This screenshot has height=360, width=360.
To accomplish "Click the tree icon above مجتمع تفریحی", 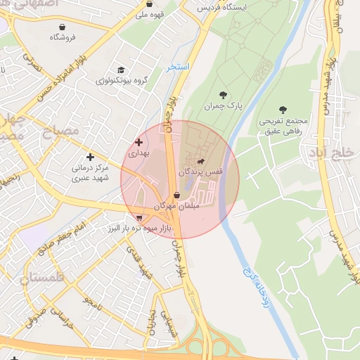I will [283, 110].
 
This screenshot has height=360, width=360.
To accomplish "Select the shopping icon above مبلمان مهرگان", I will [176, 196].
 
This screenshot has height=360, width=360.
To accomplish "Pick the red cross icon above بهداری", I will [139, 142].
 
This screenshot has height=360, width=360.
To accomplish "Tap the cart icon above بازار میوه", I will [139, 218].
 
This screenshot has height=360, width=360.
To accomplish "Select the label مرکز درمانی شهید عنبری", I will [89, 174].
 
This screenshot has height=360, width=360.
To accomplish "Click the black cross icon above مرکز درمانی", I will [89, 157].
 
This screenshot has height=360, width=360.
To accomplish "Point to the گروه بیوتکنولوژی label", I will [121, 81].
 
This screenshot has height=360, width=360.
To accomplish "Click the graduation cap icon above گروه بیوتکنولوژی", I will [121, 70].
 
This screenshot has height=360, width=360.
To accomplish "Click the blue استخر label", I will [178, 67].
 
